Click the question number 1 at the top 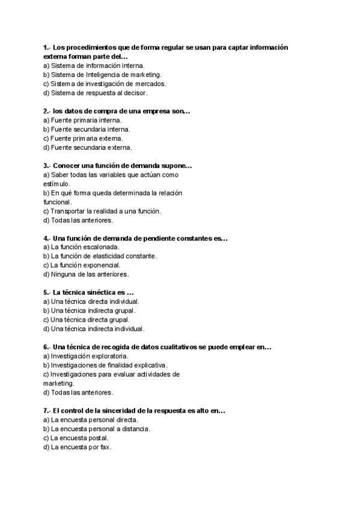46,47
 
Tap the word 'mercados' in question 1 151,84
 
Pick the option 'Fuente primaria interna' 82,120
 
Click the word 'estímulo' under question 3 56,183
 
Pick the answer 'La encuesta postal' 75,438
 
